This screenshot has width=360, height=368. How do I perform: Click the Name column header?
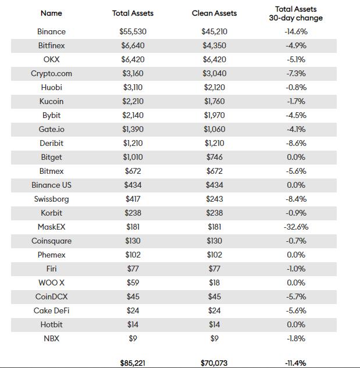pyautogui.click(x=52, y=13)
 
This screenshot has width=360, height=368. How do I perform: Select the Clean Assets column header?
pyautogui.click(x=214, y=13)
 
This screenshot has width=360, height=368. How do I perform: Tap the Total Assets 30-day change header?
pyautogui.click(x=295, y=13)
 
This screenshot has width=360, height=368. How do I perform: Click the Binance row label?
pyautogui.click(x=52, y=31)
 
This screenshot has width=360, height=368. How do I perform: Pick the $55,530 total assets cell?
pyautogui.click(x=133, y=31)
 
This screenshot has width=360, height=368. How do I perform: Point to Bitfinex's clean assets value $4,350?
pyautogui.click(x=214, y=45)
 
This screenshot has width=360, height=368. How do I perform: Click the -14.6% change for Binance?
pyautogui.click(x=295, y=31)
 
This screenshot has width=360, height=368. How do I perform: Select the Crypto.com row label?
pyautogui.click(x=52, y=73)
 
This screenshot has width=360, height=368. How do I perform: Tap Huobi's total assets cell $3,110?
pyautogui.click(x=133, y=87)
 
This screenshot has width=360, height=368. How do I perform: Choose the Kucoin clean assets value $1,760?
pyautogui.click(x=214, y=101)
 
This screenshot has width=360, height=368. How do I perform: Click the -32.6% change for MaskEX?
pyautogui.click(x=295, y=227)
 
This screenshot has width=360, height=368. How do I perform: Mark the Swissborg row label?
pyautogui.click(x=52, y=199)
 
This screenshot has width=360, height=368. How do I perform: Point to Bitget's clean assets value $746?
pyautogui.click(x=214, y=157)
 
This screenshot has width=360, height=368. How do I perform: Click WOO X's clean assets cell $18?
pyautogui.click(x=214, y=283)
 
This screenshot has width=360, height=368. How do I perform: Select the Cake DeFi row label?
pyautogui.click(x=52, y=310)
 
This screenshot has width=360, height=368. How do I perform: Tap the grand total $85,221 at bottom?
pyautogui.click(x=133, y=363)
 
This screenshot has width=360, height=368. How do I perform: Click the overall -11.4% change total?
pyautogui.click(x=295, y=363)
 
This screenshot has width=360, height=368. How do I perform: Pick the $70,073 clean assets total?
pyautogui.click(x=214, y=363)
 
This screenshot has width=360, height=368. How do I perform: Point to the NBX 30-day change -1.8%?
pyautogui.click(x=295, y=338)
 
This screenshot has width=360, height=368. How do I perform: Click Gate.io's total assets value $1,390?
pyautogui.click(x=133, y=129)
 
